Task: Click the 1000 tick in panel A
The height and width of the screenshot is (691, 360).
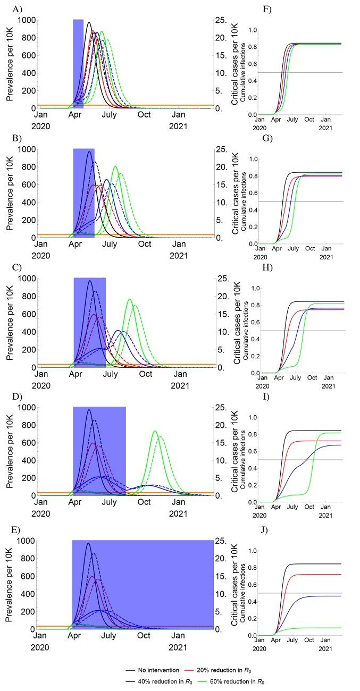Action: pyautogui.click(x=27, y=20)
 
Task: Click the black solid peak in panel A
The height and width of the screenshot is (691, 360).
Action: pyautogui.click(x=89, y=22)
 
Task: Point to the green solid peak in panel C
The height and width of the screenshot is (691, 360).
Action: pyautogui.click(x=130, y=299)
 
